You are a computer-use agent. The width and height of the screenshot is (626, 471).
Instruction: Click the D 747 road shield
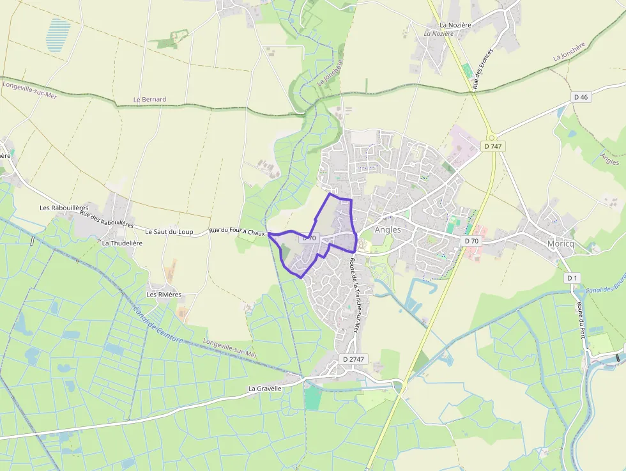pos(492,146)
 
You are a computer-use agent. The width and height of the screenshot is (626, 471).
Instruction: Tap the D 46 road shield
pos(581,97)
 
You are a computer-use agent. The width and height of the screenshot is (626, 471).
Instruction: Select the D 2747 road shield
pos(353,359)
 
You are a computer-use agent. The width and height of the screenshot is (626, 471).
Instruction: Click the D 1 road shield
pos(572,278)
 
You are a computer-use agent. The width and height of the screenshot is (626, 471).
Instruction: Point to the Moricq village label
pos(561,243)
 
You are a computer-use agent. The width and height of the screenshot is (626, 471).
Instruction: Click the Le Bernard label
pos(149,100)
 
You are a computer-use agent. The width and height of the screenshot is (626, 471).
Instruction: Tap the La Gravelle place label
pos(265,389)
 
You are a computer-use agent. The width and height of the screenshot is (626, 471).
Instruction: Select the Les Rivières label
pos(164,295)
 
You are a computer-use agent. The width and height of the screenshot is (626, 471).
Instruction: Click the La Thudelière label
pos(122,243)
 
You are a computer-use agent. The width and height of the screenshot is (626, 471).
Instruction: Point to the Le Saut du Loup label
pos(169,231)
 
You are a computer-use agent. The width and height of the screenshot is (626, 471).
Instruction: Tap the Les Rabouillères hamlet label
pos(63,208)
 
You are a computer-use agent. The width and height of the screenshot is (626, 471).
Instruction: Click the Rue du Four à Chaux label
pos(237,232)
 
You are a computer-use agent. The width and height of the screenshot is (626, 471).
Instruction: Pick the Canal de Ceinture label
pos(158,325)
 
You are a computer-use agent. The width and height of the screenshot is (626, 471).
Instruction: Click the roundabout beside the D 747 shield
pos(491,136)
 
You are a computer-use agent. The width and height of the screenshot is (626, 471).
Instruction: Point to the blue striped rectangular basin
pos(57,35)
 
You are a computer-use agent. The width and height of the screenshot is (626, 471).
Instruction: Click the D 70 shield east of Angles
pos(471,240)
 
